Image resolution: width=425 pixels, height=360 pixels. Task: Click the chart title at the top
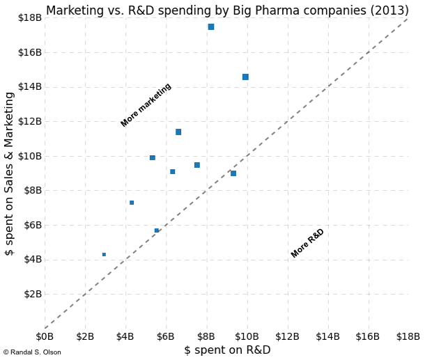(x=226, y=10)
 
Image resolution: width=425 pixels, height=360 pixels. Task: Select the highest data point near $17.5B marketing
(x=211, y=27)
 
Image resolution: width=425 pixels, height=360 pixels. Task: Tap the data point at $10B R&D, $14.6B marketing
(x=245, y=77)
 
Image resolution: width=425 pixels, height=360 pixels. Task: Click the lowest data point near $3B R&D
(x=104, y=255)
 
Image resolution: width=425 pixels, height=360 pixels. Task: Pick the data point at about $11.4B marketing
(x=178, y=132)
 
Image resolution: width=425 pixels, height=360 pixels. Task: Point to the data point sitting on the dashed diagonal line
(x=157, y=230)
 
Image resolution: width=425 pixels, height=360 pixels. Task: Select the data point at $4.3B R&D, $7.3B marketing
(x=132, y=203)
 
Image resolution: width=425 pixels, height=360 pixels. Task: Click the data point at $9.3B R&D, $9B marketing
(x=233, y=173)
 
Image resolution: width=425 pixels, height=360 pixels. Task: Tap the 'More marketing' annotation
(x=146, y=105)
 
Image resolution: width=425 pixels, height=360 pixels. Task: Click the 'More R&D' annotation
(x=307, y=243)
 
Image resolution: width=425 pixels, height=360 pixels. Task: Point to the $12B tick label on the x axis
(x=287, y=337)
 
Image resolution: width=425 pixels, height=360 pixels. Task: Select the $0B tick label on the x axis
(x=45, y=337)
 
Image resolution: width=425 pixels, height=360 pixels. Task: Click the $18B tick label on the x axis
(x=408, y=337)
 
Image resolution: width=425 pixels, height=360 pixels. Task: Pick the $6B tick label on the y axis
(x=31, y=225)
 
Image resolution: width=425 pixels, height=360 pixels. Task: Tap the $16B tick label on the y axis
(x=29, y=52)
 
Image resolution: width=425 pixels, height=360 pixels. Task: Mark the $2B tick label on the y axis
(x=31, y=294)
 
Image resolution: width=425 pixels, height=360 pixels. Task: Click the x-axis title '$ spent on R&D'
(x=227, y=350)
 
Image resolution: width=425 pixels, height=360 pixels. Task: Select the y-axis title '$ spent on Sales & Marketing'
(x=10, y=173)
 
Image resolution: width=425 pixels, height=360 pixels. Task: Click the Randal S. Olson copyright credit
(x=32, y=352)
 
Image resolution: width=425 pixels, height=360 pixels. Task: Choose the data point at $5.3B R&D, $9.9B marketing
(x=153, y=158)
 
